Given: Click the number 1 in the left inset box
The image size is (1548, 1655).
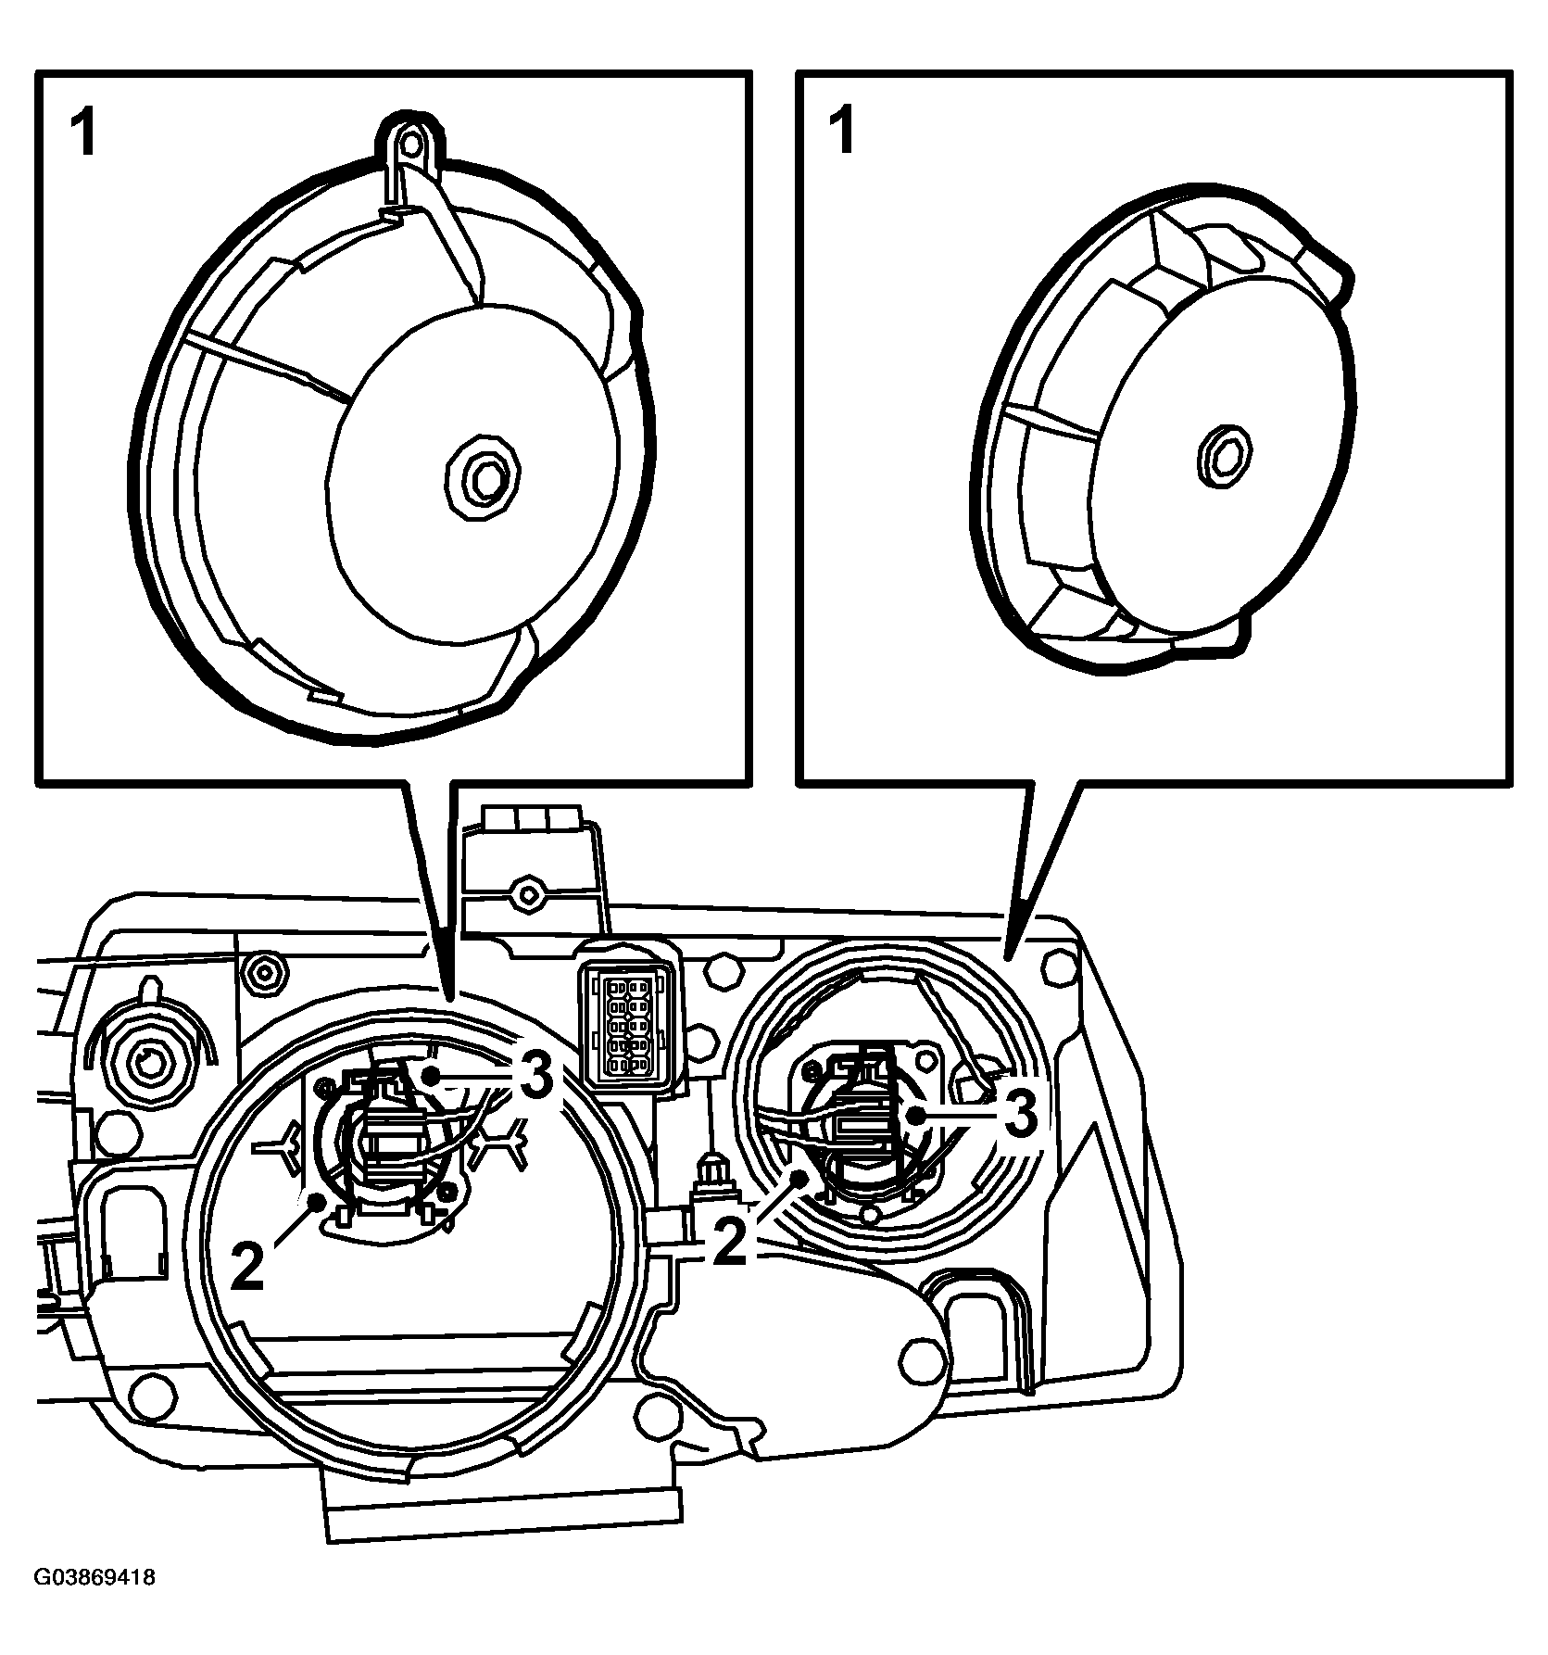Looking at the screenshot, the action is [83, 133].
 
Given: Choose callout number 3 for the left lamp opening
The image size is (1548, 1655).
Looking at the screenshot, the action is [535, 1078].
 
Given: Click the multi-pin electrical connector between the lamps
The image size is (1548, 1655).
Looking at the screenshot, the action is [628, 1020].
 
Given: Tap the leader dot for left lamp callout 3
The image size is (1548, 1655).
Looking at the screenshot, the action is [431, 1075].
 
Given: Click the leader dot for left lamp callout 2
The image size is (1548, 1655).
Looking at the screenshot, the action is [318, 1201].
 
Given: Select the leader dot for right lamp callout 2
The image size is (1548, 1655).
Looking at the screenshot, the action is [802, 1177].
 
